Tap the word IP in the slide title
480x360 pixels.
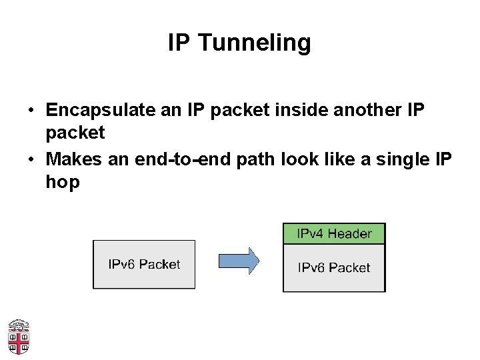pos(179,43)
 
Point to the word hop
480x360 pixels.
pos(63,182)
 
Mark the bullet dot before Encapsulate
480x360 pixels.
pos(31,110)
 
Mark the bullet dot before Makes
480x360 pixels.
pos(31,160)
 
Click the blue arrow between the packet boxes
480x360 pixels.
pos(238,261)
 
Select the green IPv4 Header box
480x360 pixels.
pos(334,233)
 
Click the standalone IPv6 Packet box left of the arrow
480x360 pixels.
pos(144,264)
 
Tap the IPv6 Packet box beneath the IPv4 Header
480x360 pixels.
pos(334,268)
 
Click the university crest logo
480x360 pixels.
pos(18,337)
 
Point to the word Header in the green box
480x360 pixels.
pos(349,233)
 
